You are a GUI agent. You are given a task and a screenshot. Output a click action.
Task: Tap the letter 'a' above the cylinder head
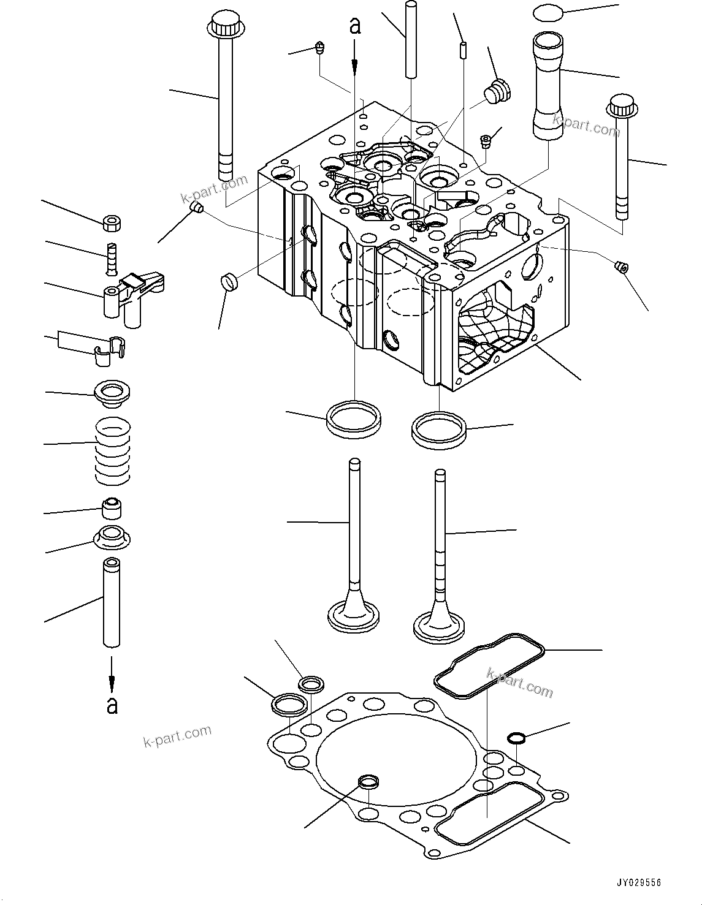pyautogui.click(x=354, y=26)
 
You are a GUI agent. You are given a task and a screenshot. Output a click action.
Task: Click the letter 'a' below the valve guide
pyautogui.click(x=112, y=705)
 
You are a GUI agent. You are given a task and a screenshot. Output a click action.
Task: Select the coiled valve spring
pyautogui.click(x=113, y=450)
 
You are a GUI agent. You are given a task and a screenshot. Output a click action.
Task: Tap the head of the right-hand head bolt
pyautogui.click(x=622, y=108)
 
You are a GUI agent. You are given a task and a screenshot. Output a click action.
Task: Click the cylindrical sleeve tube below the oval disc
pyautogui.click(x=547, y=86)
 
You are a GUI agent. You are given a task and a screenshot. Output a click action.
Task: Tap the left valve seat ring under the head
pyautogui.click(x=354, y=418)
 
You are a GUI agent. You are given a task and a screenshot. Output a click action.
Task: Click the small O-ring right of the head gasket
pyautogui.click(x=517, y=738)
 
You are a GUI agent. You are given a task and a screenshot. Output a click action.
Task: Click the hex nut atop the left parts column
pyautogui.click(x=112, y=222)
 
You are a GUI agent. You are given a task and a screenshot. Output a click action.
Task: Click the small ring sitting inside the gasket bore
pyautogui.click(x=368, y=781)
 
